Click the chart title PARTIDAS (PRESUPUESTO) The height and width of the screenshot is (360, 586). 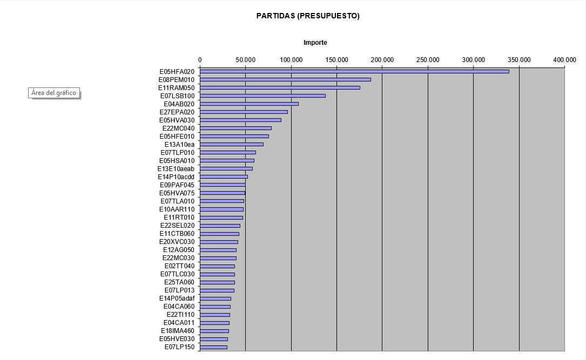[308, 16]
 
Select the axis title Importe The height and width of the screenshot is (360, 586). [315, 43]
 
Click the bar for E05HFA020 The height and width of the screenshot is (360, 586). [354, 71]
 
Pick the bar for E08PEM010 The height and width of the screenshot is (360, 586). [285, 79]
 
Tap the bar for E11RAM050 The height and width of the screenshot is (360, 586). [280, 87]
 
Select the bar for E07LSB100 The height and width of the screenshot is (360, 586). [262, 96]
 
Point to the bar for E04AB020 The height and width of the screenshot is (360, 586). [249, 104]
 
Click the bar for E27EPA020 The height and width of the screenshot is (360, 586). [244, 112]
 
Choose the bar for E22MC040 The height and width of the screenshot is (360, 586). [235, 128]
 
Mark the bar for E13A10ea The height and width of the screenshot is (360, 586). [232, 144]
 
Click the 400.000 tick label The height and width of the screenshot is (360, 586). [564, 60]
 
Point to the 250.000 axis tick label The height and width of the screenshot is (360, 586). [428, 60]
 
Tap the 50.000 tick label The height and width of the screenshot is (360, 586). [245, 60]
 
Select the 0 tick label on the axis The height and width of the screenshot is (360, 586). [200, 60]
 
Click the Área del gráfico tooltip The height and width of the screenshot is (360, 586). [53, 93]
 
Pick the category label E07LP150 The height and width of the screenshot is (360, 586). [179, 347]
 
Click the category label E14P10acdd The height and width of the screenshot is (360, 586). [176, 177]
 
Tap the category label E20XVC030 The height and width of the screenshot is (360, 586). [177, 242]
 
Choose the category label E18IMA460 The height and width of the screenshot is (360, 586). [177, 331]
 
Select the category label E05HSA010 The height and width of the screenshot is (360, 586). [177, 161]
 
